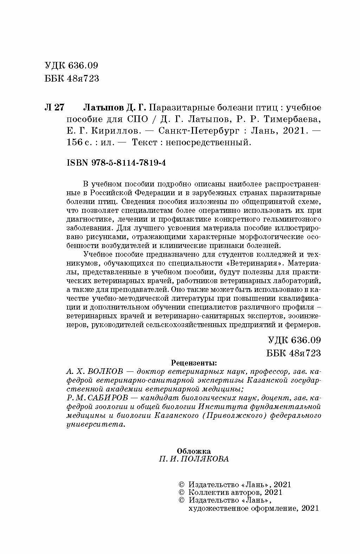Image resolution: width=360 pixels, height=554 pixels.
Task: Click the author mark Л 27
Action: click(x=54, y=107)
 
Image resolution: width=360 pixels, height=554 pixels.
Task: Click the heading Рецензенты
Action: click(x=193, y=362)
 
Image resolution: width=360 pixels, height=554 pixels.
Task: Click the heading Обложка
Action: click(x=194, y=451)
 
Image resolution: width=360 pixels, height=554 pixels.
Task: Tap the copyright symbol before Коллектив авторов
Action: click(x=182, y=492)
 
